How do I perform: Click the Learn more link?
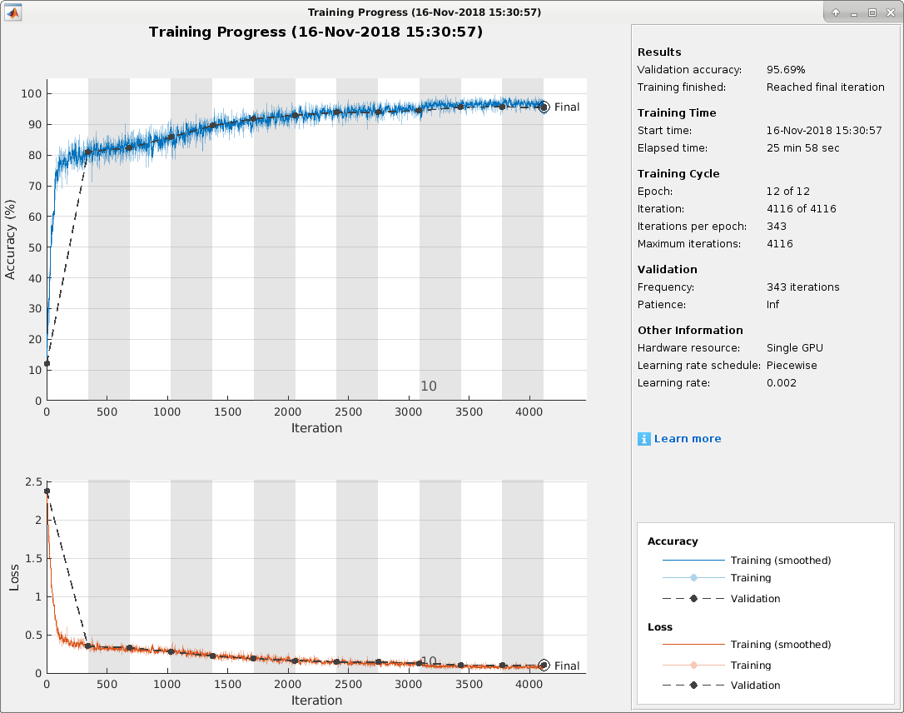[x=688, y=439]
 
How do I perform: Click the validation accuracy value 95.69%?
[x=786, y=70]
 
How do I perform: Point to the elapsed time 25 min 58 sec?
[x=802, y=148]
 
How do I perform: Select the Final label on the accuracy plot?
[x=567, y=107]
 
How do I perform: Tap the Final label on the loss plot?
[x=567, y=666]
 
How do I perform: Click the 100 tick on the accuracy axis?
[x=31, y=93]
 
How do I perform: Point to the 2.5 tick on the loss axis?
[x=33, y=482]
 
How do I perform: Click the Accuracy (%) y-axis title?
[x=11, y=239]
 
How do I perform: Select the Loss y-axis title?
[x=13, y=578]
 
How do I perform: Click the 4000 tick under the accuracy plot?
[x=529, y=412]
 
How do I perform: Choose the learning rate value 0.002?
[x=782, y=383]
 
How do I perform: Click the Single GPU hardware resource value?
[x=795, y=348]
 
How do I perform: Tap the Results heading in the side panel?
[x=659, y=52]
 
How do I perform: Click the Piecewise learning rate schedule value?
[x=792, y=366]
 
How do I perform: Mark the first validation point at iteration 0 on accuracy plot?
[x=47, y=363]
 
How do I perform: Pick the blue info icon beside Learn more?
[x=643, y=439]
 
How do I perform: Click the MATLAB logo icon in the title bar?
[x=14, y=12]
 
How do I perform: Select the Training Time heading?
[x=677, y=113]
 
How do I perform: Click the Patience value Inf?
[x=773, y=305]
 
